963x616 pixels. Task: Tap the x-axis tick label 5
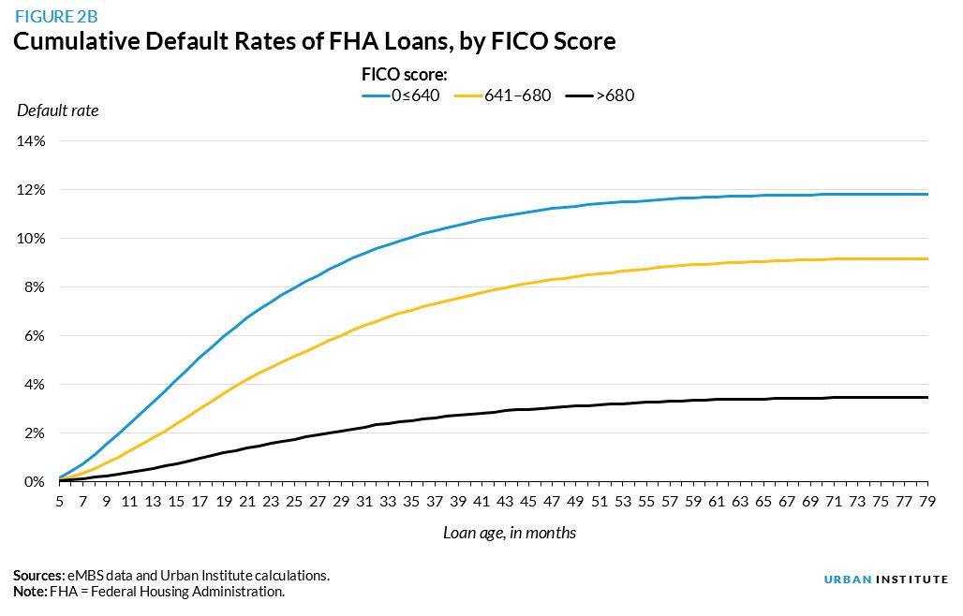(x=59, y=502)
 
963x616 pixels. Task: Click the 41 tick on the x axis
(x=481, y=502)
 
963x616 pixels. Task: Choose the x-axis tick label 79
(x=927, y=502)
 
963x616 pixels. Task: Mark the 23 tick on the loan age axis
(x=271, y=502)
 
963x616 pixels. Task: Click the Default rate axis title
(x=57, y=110)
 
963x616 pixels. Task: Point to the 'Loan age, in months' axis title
(x=510, y=533)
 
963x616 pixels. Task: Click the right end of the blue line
(x=927, y=194)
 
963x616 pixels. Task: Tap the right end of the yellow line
(x=927, y=258)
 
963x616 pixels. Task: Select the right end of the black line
(x=927, y=397)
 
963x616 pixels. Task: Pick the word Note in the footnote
(x=30, y=592)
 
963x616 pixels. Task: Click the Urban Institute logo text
(x=885, y=579)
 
